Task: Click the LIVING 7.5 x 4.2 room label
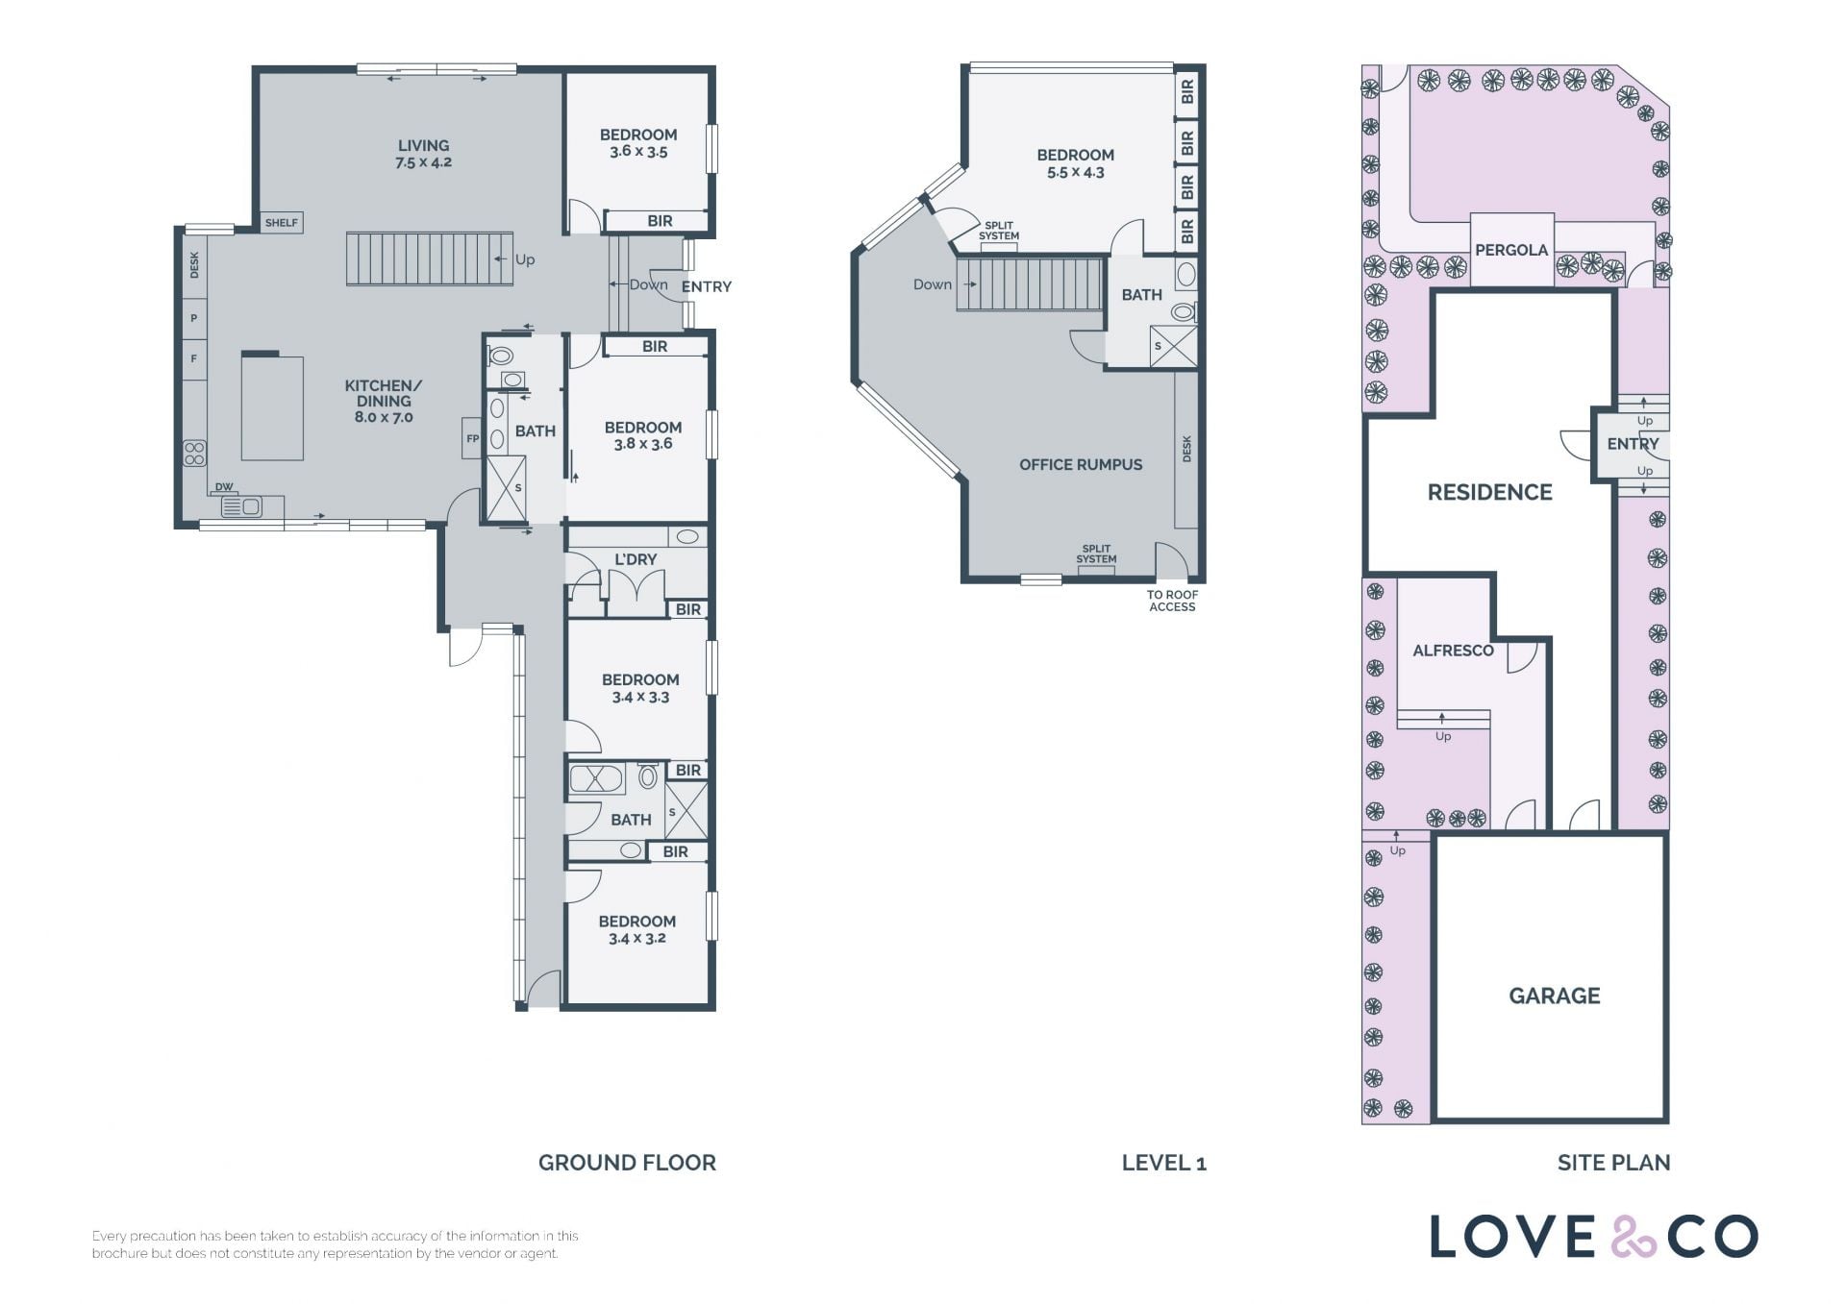tap(423, 154)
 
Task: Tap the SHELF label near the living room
tap(282, 223)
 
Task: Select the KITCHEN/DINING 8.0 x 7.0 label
tap(384, 401)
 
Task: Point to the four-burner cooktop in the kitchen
tap(195, 453)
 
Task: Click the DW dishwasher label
tap(224, 487)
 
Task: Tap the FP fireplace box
tap(472, 438)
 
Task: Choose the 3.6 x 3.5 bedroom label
tap(638, 143)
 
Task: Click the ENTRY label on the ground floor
tap(707, 286)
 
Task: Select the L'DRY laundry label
tap(636, 559)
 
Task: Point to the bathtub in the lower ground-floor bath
tap(597, 777)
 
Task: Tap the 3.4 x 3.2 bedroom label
tap(636, 929)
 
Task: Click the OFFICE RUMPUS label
tap(1081, 465)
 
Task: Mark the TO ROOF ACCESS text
tap(1172, 601)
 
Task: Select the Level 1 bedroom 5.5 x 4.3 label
tap(1075, 163)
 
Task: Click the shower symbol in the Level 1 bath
tap(1174, 347)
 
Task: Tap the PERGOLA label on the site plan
tap(1511, 250)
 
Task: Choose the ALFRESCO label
tap(1453, 651)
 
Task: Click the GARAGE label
tap(1555, 996)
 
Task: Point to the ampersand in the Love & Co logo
tap(1632, 1238)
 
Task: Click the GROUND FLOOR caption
tap(627, 1163)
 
